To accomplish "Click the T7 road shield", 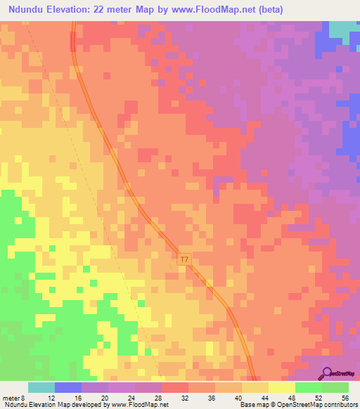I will click(184, 259).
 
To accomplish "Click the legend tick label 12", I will click(51, 398).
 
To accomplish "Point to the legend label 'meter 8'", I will click(14, 398).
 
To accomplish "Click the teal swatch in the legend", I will click(41, 387).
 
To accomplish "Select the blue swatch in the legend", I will click(68, 387).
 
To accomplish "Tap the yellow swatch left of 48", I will click(282, 387).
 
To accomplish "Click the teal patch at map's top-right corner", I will click(344, 29).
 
